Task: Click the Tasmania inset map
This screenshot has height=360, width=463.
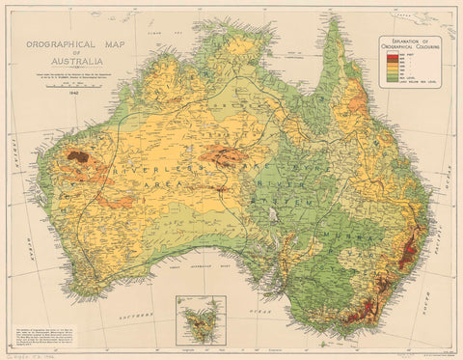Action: point(202,318)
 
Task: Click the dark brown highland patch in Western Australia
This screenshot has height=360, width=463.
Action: point(76,155)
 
